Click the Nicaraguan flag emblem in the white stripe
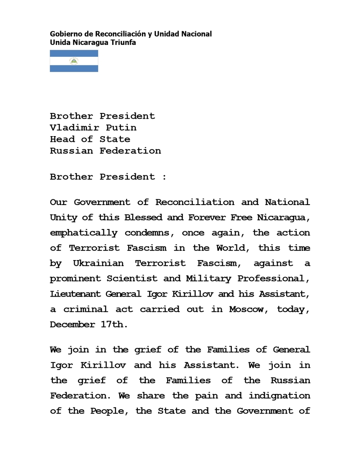click(x=74, y=61)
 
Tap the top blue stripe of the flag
click(x=74, y=53)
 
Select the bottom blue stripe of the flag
click(x=74, y=69)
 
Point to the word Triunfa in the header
click(x=124, y=42)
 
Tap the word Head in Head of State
click(x=62, y=139)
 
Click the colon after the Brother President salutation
click(x=164, y=177)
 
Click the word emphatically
click(x=84, y=233)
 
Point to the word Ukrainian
click(x=98, y=263)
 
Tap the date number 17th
click(x=117, y=324)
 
